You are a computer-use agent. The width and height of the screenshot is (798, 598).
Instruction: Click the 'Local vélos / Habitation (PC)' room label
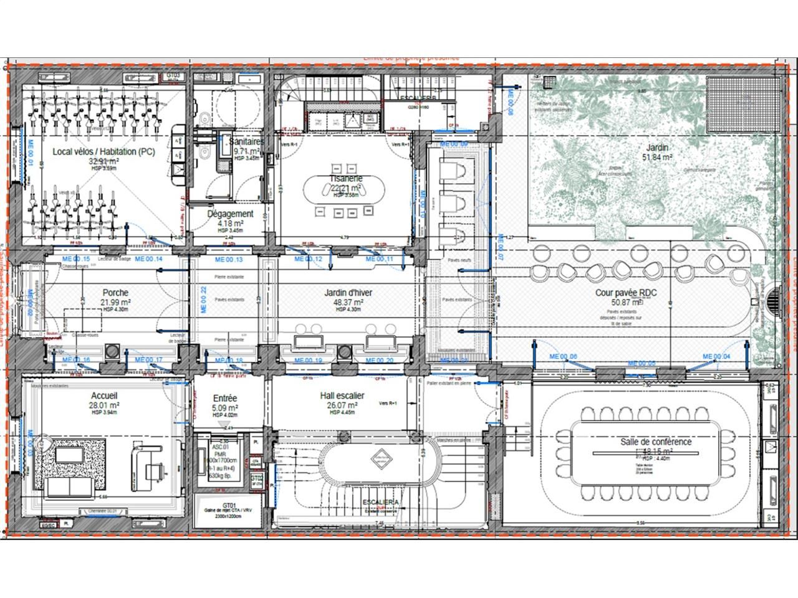tap(103, 151)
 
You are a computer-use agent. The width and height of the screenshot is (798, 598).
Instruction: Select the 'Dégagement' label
tap(230, 214)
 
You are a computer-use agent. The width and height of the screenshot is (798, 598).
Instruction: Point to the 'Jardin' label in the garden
tap(657, 148)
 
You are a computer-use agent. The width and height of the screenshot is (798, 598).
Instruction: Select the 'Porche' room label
tap(115, 292)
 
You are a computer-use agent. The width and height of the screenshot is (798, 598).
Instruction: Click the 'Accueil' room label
tap(104, 396)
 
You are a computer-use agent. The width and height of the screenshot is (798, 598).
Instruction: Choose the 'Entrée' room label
tap(225, 398)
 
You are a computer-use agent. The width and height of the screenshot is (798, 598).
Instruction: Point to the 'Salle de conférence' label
tap(655, 442)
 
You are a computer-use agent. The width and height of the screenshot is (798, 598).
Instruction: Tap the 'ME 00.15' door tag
tap(76, 259)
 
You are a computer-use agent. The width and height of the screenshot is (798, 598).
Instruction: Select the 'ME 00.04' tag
tap(716, 356)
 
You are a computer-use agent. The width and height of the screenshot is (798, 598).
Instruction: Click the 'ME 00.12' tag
tap(308, 259)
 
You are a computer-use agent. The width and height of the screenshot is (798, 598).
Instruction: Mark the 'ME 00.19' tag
tap(308, 361)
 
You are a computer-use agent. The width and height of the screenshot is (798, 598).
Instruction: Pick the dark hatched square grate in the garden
tap(741, 104)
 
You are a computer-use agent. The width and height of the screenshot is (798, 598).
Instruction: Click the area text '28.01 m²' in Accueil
tap(105, 405)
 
